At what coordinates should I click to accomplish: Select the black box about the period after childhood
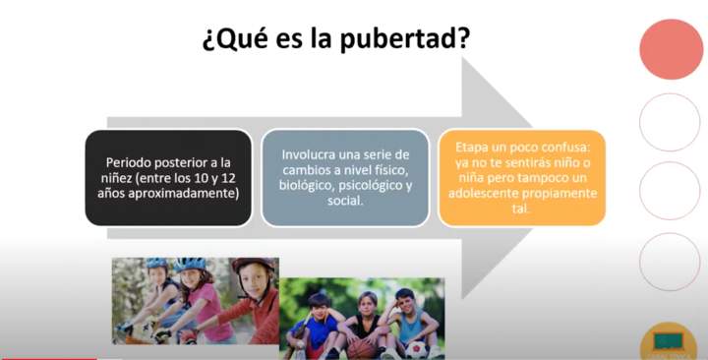[168, 177]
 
